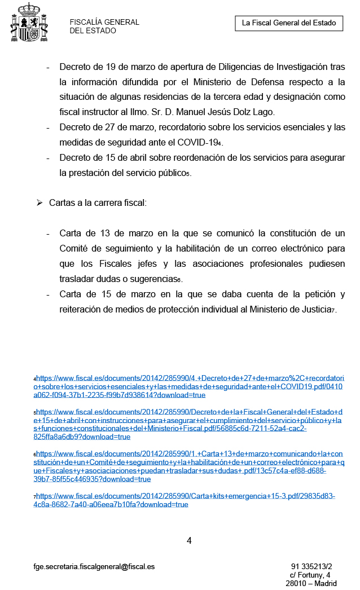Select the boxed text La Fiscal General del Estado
(289, 23)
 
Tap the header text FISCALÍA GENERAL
(104, 23)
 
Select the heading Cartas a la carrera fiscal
(98, 202)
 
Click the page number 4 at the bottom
(189, 540)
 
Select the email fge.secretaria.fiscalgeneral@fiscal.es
(94, 567)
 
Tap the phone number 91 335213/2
(311, 567)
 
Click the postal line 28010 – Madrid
(311, 584)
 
